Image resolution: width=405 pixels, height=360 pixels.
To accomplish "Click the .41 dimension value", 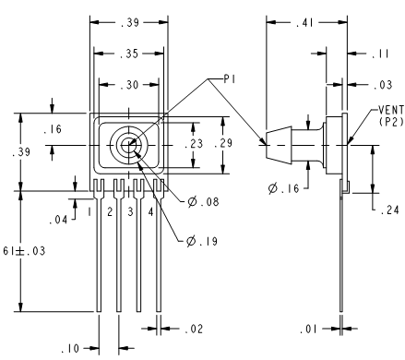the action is click(304, 23).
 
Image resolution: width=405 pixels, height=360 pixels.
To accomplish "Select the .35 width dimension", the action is click(129, 54).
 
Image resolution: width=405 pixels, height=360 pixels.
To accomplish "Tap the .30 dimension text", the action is click(129, 85).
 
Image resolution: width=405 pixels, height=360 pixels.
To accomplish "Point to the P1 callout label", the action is click(230, 79).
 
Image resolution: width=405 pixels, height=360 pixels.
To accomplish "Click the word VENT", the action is click(391, 110).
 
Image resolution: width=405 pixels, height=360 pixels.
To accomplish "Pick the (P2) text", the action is click(391, 122).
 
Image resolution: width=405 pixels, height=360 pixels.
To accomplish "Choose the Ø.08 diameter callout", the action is click(203, 202).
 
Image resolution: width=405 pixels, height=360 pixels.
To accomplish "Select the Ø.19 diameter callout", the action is click(202, 241).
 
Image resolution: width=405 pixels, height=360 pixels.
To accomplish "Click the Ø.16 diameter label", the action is click(283, 188).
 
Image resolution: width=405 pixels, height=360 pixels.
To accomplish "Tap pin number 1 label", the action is click(89, 212).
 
